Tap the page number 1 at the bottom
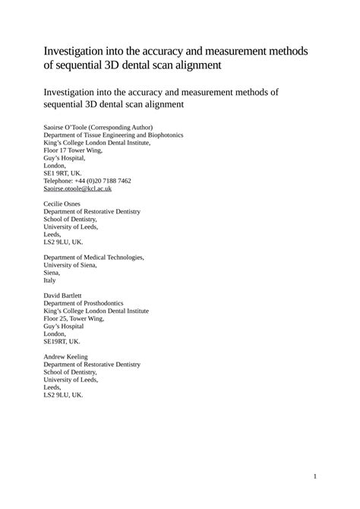(x=314, y=476)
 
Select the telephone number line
(x=87, y=181)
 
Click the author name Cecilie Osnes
(x=65, y=203)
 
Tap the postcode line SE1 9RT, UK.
(x=63, y=173)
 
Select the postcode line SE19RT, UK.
(x=62, y=341)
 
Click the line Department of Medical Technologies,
(x=94, y=257)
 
